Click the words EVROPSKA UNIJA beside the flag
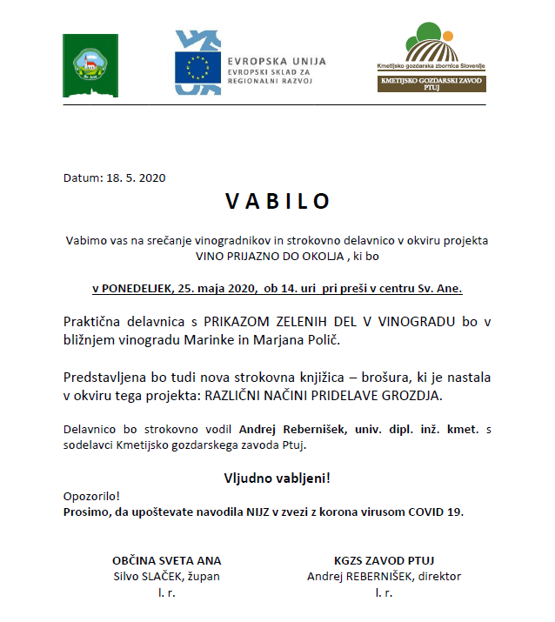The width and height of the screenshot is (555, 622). pyautogui.click(x=277, y=61)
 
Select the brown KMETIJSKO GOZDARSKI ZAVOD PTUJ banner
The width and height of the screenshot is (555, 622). pyautogui.click(x=431, y=84)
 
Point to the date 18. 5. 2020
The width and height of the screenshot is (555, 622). pyautogui.click(x=136, y=177)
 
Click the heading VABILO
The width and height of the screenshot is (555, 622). pyautogui.click(x=277, y=201)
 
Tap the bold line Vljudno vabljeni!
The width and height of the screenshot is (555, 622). pyautogui.click(x=277, y=478)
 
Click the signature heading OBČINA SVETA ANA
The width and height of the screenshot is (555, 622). pyautogui.click(x=167, y=559)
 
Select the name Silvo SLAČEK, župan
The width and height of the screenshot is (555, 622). pyautogui.click(x=167, y=576)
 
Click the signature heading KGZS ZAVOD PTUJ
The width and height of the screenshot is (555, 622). pyautogui.click(x=384, y=559)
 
